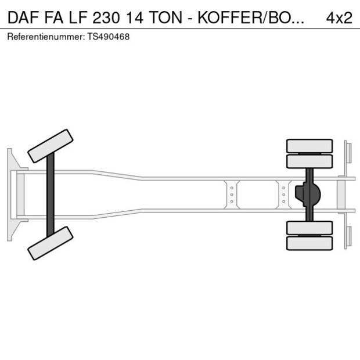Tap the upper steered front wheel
coord(51,146)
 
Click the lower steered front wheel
coord(51,243)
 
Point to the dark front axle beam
coord(51,195)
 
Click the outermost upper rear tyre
coord(310,146)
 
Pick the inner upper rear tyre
coord(310,161)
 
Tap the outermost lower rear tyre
coord(310,243)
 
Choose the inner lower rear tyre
coord(310,228)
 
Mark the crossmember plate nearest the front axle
coord(232,195)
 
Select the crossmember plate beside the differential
coord(283,195)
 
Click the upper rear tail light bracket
coord(347,154)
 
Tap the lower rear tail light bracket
coord(347,235)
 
